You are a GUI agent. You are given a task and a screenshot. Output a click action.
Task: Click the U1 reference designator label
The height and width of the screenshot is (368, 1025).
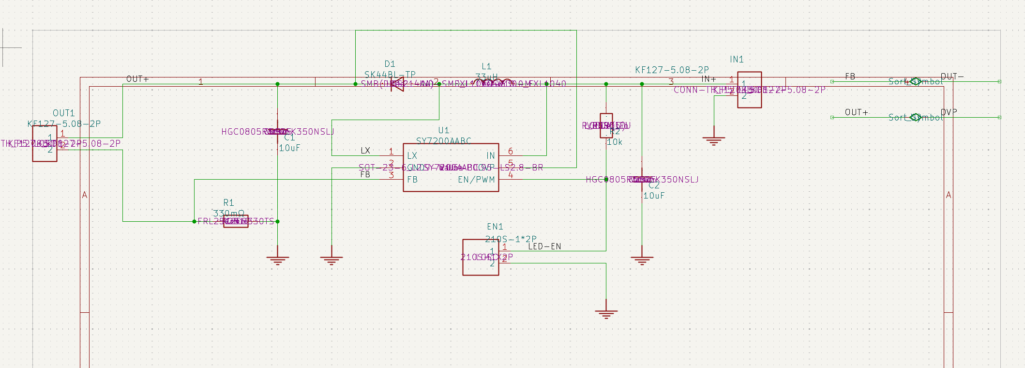444,130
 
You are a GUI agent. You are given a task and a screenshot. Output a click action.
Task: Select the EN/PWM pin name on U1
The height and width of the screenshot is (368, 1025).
476,180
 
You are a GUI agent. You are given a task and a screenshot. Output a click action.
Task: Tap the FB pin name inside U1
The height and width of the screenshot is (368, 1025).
412,180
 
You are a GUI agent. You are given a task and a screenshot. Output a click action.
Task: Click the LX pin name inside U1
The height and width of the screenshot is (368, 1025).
412,155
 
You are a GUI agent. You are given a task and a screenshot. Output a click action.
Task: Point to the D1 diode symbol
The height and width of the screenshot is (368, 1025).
397,84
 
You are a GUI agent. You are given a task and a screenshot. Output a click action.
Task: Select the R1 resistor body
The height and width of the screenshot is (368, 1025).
236,221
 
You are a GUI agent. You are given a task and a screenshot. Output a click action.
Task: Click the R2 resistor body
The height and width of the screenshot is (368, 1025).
606,125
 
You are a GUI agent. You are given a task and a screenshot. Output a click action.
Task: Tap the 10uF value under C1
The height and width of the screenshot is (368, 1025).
289,148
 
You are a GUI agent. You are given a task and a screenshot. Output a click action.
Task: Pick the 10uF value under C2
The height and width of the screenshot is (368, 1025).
654,196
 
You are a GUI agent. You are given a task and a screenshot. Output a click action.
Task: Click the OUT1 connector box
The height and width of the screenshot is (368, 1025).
45,143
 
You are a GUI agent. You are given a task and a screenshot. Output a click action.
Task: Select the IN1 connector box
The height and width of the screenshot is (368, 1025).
749,90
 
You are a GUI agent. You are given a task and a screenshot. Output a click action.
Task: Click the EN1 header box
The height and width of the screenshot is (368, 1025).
481,257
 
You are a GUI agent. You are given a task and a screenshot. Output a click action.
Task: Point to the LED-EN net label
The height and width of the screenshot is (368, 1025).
544,246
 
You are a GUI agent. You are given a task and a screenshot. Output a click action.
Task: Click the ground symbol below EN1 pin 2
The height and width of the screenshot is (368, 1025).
606,314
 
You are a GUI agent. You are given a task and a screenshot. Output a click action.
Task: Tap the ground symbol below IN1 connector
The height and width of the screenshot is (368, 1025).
713,140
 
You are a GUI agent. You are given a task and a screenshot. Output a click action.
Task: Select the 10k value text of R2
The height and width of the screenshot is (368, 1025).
615,142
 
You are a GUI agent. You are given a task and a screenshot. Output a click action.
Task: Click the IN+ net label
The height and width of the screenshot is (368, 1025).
708,79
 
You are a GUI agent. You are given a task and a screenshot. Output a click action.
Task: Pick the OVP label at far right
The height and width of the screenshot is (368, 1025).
949,112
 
